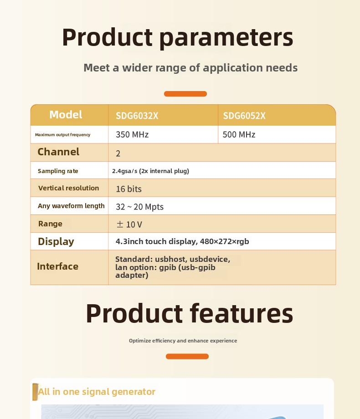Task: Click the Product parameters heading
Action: [178, 38]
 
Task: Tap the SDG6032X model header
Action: [137, 116]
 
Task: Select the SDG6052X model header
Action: [244, 116]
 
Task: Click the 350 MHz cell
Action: [132, 134]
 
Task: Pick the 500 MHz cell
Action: [239, 134]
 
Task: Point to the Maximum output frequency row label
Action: [62, 135]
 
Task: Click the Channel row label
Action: [58, 152]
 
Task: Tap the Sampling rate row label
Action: [58, 171]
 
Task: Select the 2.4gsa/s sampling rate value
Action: [150, 171]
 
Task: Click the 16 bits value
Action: [129, 189]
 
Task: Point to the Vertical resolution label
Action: [68, 188]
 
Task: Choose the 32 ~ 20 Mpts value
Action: [139, 207]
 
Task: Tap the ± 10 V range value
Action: [129, 225]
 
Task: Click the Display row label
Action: [56, 241]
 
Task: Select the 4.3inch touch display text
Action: [182, 241]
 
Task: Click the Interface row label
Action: [57, 266]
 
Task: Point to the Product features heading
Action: [190, 314]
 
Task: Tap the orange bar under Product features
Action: [187, 357]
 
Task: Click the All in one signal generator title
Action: [97, 392]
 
